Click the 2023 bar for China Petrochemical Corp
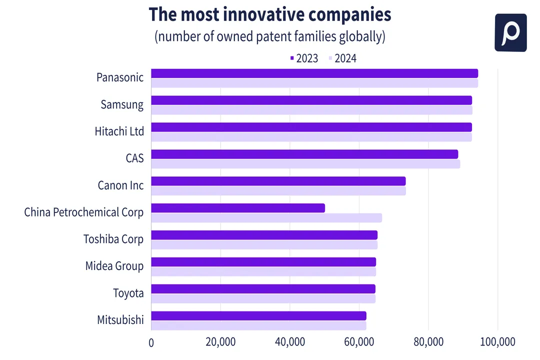point(238,208)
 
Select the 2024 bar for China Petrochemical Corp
point(266,218)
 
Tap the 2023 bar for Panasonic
point(314,73)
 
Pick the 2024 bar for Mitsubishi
point(258,325)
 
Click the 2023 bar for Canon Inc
point(278,181)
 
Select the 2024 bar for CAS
point(305,164)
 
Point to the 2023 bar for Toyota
point(263,289)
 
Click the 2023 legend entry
point(304,58)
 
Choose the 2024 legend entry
point(342,58)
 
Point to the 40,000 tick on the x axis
point(290,342)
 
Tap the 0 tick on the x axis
point(151,342)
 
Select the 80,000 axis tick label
point(428,342)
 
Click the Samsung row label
point(122,104)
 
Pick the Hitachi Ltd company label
point(119,131)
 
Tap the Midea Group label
point(114,265)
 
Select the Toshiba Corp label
point(113,239)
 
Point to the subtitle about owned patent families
point(269,37)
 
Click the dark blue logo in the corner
point(510,32)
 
